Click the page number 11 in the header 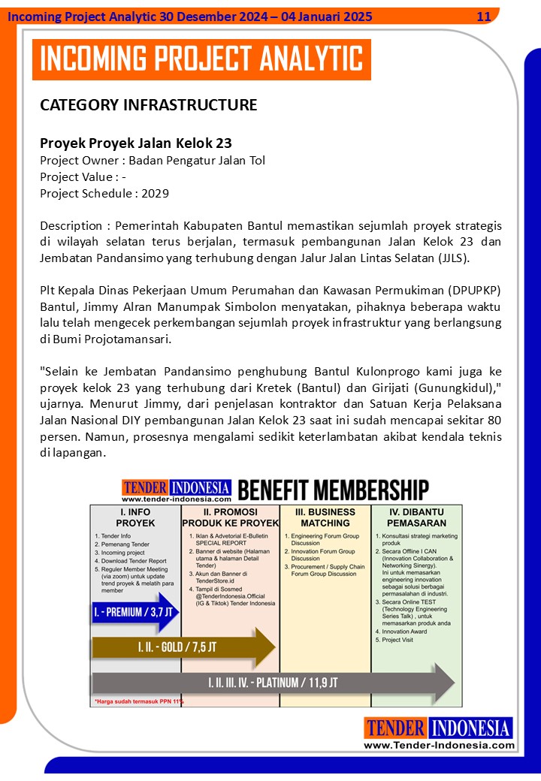(484, 17)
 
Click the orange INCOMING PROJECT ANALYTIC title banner (201, 59)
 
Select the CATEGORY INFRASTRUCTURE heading (148, 105)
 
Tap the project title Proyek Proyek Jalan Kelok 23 (135, 143)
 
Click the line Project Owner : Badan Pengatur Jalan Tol (153, 160)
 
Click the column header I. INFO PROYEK (135, 517)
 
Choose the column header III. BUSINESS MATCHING (325, 517)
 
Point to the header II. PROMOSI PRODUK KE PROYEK (230, 517)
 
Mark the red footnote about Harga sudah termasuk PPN (137, 701)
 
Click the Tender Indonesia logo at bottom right (439, 733)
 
